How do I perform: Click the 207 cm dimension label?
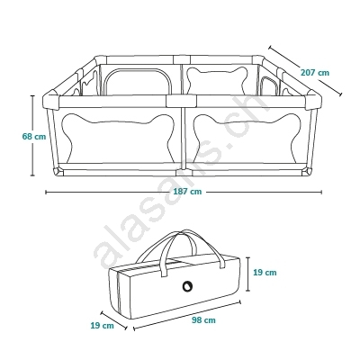(315, 73)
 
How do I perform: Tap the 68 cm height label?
(34, 137)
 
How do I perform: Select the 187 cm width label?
(187, 192)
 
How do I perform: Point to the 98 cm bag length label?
(203, 320)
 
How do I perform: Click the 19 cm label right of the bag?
(265, 273)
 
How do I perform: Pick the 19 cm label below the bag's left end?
(103, 325)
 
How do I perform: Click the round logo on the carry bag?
(187, 286)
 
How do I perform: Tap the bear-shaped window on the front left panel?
(118, 138)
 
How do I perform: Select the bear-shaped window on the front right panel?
(247, 138)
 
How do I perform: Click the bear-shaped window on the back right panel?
(218, 80)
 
